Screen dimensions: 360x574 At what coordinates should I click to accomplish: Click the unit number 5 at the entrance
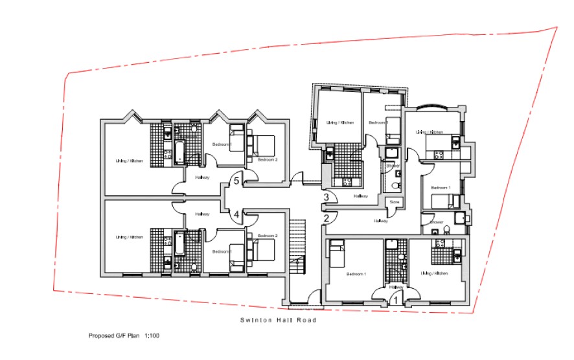(237, 182)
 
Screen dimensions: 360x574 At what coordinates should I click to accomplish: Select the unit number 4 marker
(237, 214)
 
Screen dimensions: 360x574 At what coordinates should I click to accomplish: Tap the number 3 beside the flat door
(327, 197)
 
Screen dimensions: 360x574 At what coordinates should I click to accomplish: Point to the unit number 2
(327, 218)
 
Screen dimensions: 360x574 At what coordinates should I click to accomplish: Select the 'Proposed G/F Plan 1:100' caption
(124, 337)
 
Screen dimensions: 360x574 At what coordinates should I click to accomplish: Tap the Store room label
(394, 203)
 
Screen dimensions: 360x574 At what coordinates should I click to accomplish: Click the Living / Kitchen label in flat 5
(129, 161)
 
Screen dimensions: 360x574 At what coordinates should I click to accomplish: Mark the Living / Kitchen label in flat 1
(434, 274)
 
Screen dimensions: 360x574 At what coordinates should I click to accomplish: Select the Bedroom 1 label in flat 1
(356, 274)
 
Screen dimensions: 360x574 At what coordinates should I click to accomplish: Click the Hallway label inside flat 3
(361, 196)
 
